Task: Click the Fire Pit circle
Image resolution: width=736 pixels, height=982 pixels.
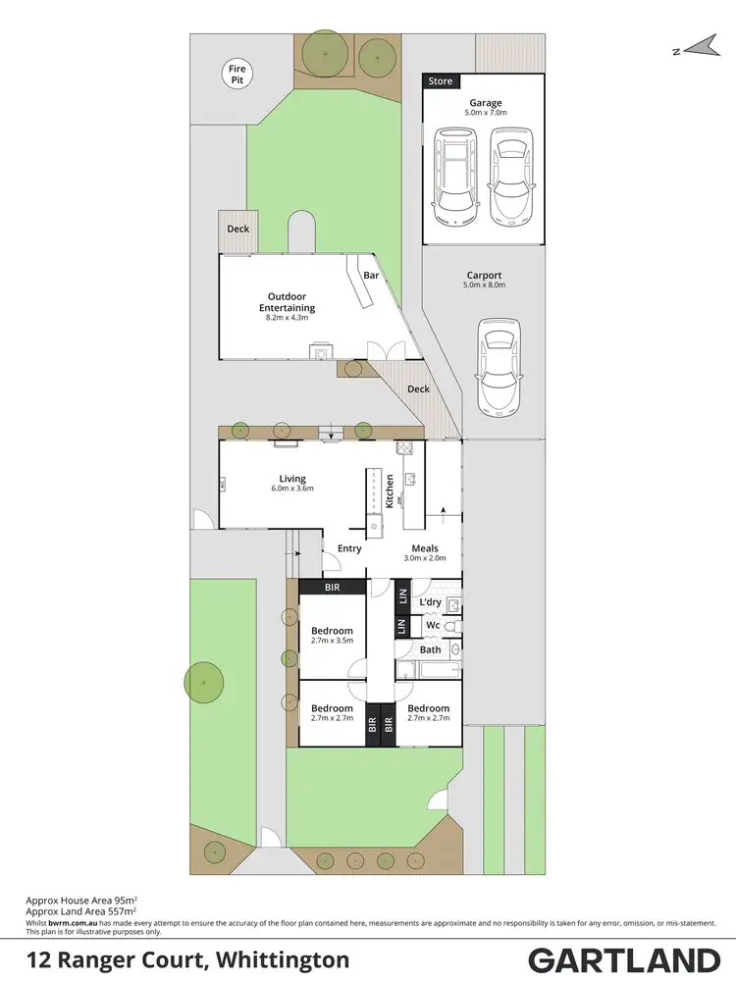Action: pos(237,74)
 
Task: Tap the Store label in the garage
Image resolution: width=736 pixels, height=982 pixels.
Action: pos(441,81)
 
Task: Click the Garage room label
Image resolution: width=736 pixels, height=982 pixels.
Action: pos(485,103)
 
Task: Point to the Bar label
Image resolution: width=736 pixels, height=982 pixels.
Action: pos(371,276)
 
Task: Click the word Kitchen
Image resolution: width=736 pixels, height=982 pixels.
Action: pos(390,488)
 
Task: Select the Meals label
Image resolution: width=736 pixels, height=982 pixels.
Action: pos(425,548)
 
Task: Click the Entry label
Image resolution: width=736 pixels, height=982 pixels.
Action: pos(350,548)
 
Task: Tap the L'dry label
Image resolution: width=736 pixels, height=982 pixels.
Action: pos(430,601)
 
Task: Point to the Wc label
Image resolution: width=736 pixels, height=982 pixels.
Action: pos(431,625)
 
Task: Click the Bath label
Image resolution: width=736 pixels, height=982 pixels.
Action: pos(430,649)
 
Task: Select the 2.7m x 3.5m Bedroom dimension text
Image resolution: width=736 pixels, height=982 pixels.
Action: pos(332,641)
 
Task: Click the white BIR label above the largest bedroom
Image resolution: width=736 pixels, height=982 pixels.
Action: pos(332,587)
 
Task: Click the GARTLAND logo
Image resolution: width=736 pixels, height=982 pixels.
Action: pos(624,959)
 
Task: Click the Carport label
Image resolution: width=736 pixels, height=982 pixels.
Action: pos(484,276)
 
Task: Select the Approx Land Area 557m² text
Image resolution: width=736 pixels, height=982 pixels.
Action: pos(80,909)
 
